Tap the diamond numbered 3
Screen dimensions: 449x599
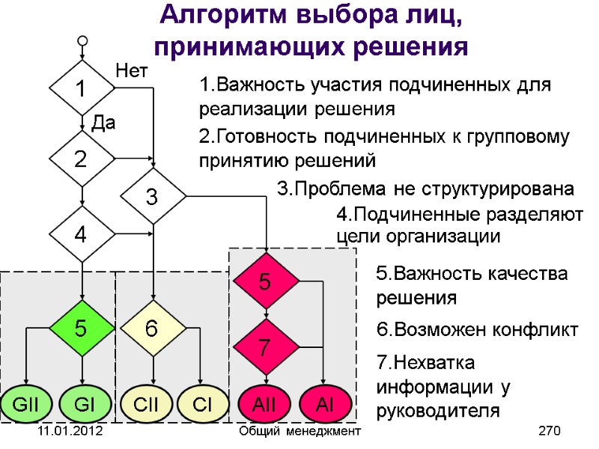click(153, 197)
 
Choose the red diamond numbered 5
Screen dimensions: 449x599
click(266, 281)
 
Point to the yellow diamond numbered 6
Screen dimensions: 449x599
click(153, 327)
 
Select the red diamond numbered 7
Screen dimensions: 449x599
click(266, 346)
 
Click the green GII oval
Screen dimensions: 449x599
click(26, 405)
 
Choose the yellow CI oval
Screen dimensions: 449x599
click(202, 405)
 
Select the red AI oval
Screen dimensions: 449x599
click(323, 405)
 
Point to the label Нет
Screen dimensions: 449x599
click(133, 71)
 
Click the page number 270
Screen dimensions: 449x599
click(550, 432)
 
